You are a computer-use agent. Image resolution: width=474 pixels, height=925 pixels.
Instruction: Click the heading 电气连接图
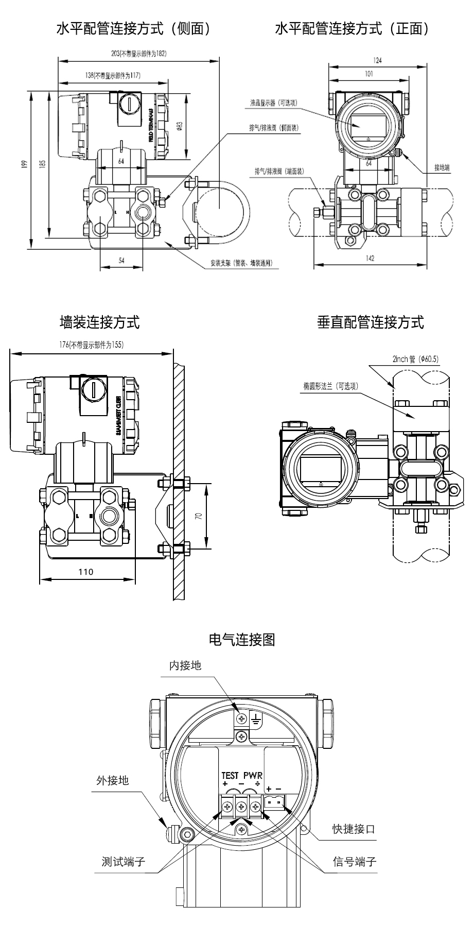click(x=242, y=640)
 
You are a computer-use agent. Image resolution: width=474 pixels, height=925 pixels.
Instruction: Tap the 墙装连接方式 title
click(x=100, y=322)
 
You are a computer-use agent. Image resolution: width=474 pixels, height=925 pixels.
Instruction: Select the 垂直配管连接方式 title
click(x=371, y=322)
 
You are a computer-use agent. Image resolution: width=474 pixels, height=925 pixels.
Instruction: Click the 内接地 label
click(x=185, y=665)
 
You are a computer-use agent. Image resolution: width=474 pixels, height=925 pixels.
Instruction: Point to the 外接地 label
click(x=112, y=780)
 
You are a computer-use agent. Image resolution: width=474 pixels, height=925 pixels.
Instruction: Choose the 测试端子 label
click(x=124, y=861)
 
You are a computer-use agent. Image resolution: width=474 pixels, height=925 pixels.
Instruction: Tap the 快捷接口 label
click(x=354, y=829)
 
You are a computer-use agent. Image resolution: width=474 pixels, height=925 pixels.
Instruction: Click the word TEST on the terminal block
click(x=230, y=775)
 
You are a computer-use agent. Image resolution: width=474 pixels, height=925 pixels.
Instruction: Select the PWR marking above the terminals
click(x=253, y=775)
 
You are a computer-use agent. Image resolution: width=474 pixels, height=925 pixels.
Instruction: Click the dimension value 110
click(x=86, y=572)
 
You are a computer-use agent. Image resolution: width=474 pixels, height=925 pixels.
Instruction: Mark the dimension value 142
click(x=370, y=259)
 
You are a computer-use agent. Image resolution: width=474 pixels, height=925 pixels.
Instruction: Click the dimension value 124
click(x=377, y=60)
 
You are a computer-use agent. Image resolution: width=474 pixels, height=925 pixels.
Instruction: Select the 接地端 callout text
click(x=442, y=167)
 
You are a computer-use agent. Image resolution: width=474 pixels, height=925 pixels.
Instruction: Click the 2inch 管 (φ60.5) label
click(x=415, y=359)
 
